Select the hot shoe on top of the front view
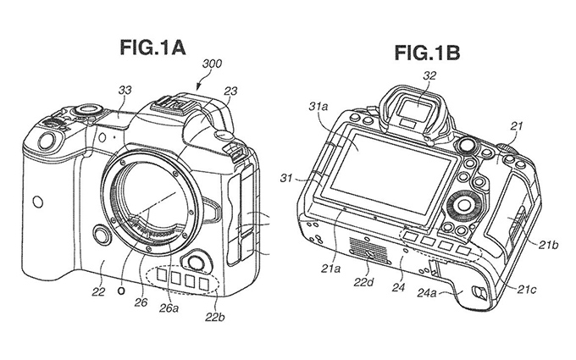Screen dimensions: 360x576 pyautogui.click(x=174, y=105)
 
